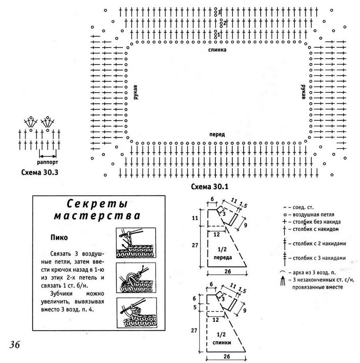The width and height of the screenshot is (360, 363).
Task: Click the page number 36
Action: (x=15, y=345)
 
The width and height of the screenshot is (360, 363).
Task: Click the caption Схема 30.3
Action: (x=40, y=173)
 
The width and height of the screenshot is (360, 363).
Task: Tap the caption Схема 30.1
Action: (x=210, y=186)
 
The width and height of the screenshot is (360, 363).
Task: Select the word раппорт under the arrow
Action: (x=47, y=162)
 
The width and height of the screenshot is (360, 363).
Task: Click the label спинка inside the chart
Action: (x=217, y=50)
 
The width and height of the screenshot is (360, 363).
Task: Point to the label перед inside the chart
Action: (x=217, y=135)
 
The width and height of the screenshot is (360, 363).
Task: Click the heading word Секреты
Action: (x=97, y=204)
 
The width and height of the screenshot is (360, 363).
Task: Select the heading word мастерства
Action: (x=97, y=216)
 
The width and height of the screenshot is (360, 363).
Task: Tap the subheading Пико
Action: (x=59, y=238)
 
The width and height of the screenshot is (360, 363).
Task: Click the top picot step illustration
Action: (x=136, y=243)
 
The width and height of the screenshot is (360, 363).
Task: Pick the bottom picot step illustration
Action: (x=136, y=313)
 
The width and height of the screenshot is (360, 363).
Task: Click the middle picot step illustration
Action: (x=136, y=278)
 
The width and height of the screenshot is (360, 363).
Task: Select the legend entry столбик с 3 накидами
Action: (x=315, y=258)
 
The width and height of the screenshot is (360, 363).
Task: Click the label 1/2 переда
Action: (x=222, y=253)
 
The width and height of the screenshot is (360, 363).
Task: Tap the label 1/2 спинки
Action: (x=222, y=339)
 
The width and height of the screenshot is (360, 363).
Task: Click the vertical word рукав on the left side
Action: (x=136, y=92)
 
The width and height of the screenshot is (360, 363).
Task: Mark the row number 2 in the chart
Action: (x=224, y=23)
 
